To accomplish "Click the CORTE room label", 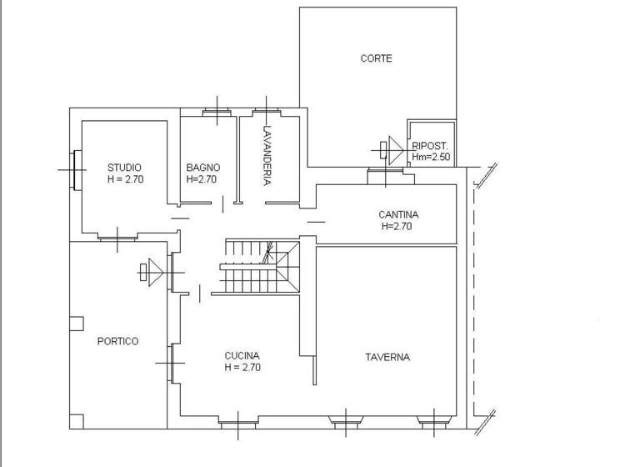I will [x=376, y=58].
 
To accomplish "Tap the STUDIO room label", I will [x=124, y=167].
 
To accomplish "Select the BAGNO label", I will [x=202, y=167].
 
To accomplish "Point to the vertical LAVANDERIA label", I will [x=267, y=155].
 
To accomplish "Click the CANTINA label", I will [x=399, y=214].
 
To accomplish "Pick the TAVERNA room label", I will [x=387, y=357].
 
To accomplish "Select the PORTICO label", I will [x=117, y=341].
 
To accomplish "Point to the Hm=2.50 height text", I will [x=431, y=157].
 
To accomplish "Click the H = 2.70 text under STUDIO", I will [x=126, y=178].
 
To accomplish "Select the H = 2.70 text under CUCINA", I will [x=243, y=367].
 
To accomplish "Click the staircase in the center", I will [x=258, y=267].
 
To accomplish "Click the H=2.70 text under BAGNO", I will [x=202, y=178].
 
